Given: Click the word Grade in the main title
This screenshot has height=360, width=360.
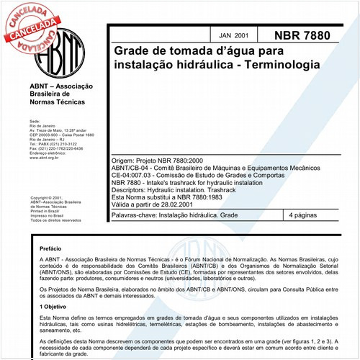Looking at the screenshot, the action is (x=130, y=52).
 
